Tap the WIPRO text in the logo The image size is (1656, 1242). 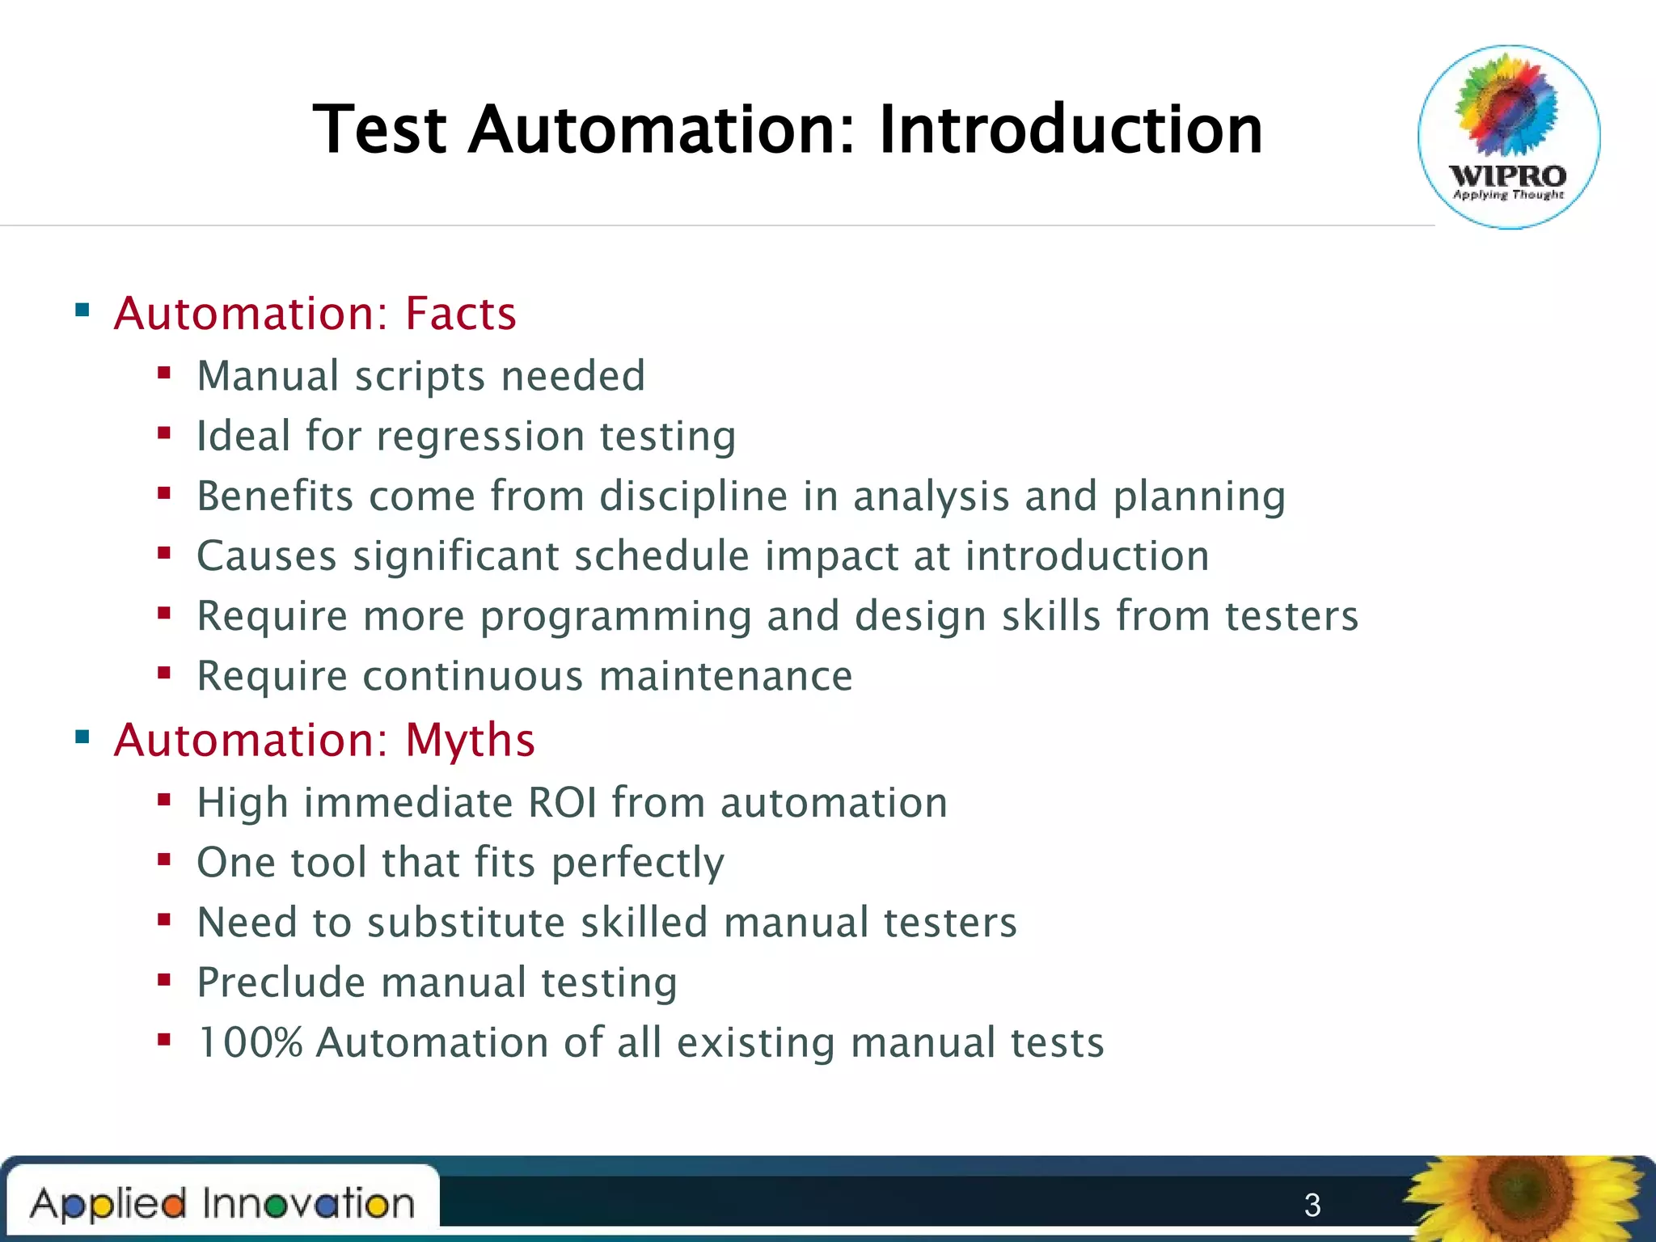[1508, 175]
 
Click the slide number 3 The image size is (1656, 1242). [1312, 1206]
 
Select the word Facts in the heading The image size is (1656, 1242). [460, 314]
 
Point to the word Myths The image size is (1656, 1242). [470, 740]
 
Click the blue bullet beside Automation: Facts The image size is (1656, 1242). [82, 310]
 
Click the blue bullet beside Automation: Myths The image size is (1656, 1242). [82, 737]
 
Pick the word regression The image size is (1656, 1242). [480, 437]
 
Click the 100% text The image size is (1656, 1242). [250, 1042]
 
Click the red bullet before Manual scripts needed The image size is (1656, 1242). [164, 374]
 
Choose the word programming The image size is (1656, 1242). [615, 616]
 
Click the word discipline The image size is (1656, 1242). [693, 496]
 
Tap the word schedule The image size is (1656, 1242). [661, 556]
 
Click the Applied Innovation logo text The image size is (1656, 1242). [222, 1204]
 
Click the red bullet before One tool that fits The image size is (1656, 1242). [164, 860]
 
